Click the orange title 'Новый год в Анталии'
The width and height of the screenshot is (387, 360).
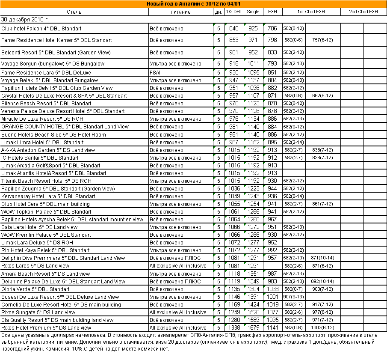(x=193, y=4)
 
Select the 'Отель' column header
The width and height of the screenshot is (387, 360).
(x=74, y=12)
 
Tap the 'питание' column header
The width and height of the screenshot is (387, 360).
(x=180, y=12)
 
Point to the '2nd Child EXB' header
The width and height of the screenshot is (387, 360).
(x=363, y=12)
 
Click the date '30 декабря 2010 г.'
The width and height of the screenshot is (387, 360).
(x=25, y=20)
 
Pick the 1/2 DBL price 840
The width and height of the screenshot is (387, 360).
(x=234, y=29)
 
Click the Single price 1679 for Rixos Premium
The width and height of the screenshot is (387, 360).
(x=253, y=328)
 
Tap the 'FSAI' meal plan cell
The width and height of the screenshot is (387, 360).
(x=155, y=73)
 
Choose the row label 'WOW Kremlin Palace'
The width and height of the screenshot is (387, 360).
(x=46, y=235)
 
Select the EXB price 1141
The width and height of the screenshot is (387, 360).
(x=272, y=328)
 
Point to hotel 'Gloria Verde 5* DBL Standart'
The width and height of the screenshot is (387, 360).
(x=35, y=289)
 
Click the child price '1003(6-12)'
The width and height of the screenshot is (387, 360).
(x=322, y=328)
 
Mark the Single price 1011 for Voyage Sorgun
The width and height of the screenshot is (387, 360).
(x=253, y=64)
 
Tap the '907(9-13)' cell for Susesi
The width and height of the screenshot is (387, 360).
(x=293, y=297)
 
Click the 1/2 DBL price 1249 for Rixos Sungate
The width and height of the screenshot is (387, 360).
(x=234, y=312)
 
